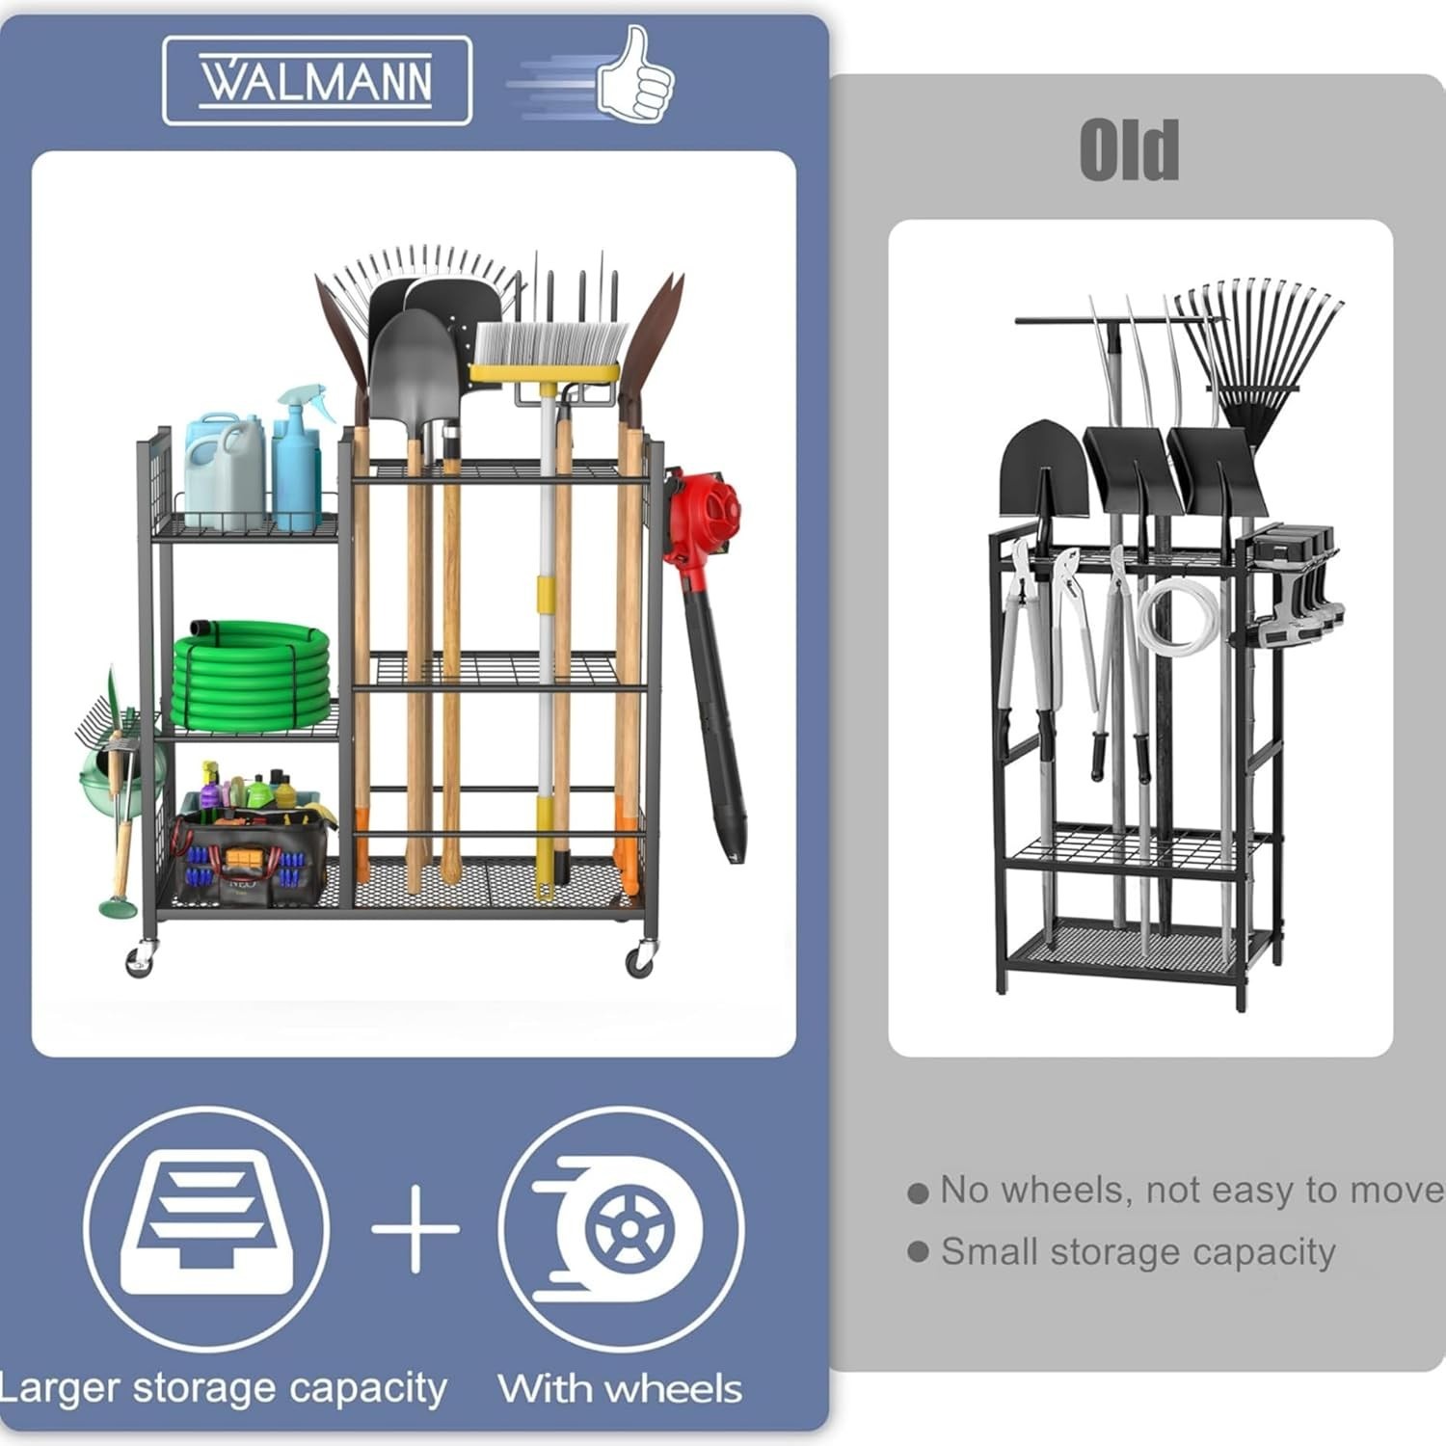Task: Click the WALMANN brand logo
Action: coord(316,81)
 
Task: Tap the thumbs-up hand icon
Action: coord(634,74)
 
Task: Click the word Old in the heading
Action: coord(1129,149)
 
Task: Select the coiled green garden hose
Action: coord(253,674)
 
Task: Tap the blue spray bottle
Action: coord(297,458)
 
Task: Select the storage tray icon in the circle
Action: coord(206,1229)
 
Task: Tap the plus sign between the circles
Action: coord(415,1229)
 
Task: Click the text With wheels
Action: coord(620,1388)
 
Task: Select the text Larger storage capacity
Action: coord(223,1389)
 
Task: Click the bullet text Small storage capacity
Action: coord(1138,1251)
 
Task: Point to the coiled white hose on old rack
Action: coord(1178,613)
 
